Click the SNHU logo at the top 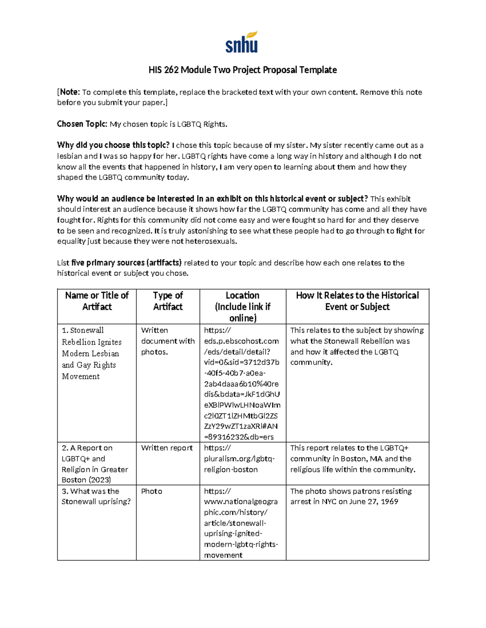pyautogui.click(x=241, y=42)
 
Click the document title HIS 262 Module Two pyautogui.click(x=242, y=70)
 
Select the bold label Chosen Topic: pyautogui.click(x=82, y=124)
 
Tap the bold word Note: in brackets pyautogui.click(x=70, y=92)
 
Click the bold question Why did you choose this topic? pyautogui.click(x=113, y=145)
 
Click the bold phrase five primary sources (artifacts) pyautogui.click(x=126, y=263)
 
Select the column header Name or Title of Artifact pyautogui.click(x=97, y=301)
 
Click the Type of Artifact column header pyautogui.click(x=168, y=301)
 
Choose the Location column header pyautogui.click(x=242, y=307)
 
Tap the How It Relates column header pyautogui.click(x=357, y=301)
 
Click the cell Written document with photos pyautogui.click(x=168, y=341)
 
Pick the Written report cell pyautogui.click(x=167, y=448)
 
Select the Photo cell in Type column pyautogui.click(x=151, y=491)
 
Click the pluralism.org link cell pyautogui.click(x=239, y=459)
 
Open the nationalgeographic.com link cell pyautogui.click(x=241, y=523)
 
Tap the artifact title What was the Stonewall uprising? pyautogui.click(x=96, y=496)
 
